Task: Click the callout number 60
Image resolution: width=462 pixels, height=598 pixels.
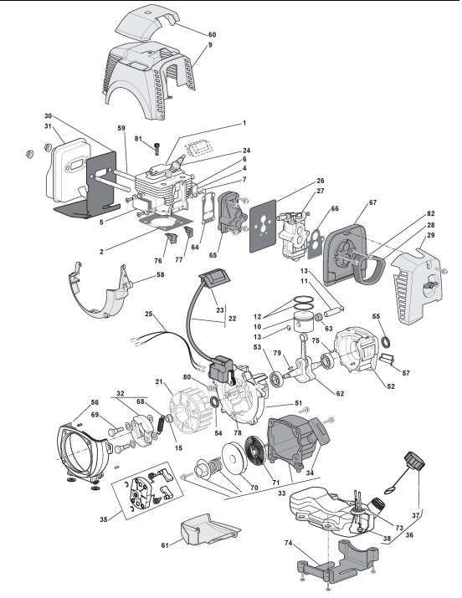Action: click(x=212, y=34)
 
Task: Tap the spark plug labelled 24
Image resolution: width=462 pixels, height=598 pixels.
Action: click(x=175, y=166)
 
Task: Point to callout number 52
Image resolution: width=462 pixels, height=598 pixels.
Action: click(x=391, y=386)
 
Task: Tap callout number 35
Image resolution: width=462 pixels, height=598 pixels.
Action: click(x=104, y=519)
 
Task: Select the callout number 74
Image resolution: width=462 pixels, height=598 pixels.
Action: click(x=289, y=543)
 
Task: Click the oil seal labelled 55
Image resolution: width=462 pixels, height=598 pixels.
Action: click(x=386, y=342)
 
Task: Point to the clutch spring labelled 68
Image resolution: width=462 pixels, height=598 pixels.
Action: click(x=161, y=423)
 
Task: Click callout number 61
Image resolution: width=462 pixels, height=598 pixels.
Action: click(x=165, y=545)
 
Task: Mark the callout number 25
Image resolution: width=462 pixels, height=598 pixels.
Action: click(x=149, y=314)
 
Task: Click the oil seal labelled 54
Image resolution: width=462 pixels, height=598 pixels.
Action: click(x=215, y=401)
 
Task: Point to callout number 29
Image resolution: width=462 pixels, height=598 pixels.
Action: click(x=430, y=235)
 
